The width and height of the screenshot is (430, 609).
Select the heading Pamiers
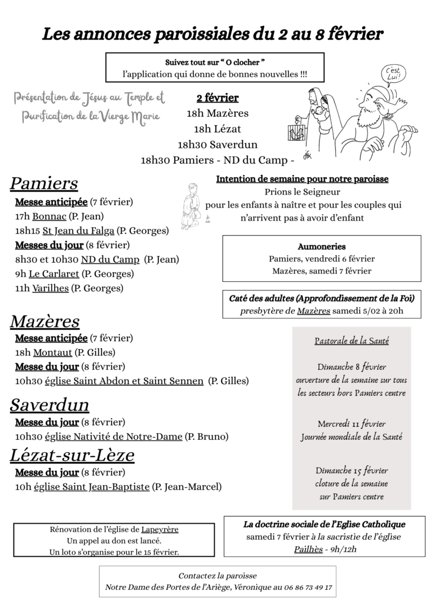pyautogui.click(x=44, y=184)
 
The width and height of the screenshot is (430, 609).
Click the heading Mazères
pyautogui.click(x=45, y=321)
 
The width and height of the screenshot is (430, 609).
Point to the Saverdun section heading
pyautogui.click(x=49, y=405)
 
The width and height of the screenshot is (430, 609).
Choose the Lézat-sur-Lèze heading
pyautogui.click(x=72, y=454)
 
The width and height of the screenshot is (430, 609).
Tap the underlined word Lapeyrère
pyautogui.click(x=160, y=530)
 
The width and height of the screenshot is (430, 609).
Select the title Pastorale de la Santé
pyautogui.click(x=351, y=341)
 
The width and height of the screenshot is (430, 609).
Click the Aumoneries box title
pyautogui.click(x=321, y=246)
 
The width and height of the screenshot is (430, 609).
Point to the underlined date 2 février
pyautogui.click(x=218, y=98)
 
